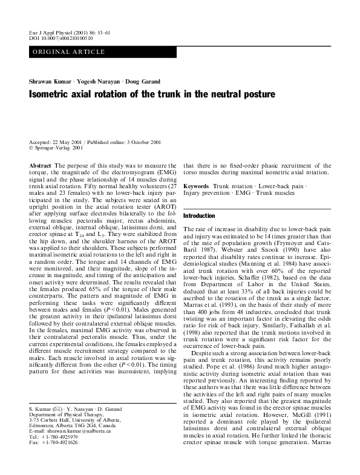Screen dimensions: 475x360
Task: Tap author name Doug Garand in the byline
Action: click(x=159, y=81)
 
